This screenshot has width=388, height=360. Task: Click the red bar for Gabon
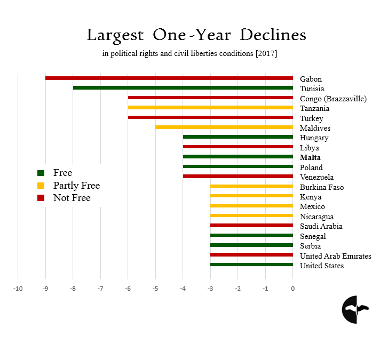169,78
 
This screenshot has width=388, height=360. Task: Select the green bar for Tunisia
183,88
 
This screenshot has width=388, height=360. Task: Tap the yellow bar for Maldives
224,127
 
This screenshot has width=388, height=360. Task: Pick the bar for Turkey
210,117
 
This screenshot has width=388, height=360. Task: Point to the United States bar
251,265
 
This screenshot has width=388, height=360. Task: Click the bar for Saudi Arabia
251,226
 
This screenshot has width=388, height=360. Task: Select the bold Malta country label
310,158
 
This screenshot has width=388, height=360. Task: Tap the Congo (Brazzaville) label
333,99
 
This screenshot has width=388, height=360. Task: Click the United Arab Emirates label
335,256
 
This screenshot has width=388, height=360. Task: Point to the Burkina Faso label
322,187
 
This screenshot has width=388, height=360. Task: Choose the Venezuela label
316,177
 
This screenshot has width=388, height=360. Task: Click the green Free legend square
41,173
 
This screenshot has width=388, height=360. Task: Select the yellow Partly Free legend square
41,186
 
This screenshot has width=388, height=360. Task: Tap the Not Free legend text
72,198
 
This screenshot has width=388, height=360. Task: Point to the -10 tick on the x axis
18,289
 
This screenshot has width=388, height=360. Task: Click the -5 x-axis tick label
155,289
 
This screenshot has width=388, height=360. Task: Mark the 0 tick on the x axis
292,289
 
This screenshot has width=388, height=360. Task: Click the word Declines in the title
273,36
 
